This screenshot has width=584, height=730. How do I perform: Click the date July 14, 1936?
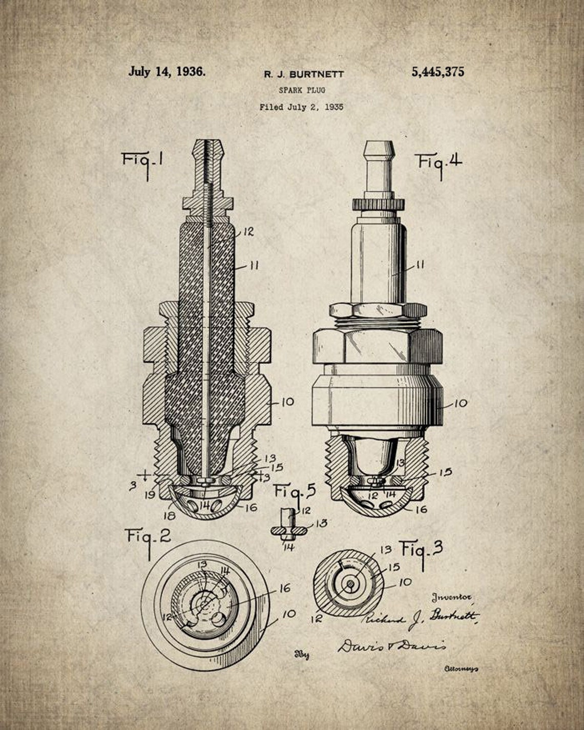(x=167, y=71)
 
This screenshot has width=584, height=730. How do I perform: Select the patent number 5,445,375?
(x=437, y=72)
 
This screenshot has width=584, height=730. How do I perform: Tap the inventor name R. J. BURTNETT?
(x=304, y=74)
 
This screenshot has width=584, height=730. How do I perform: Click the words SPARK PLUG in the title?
(x=302, y=90)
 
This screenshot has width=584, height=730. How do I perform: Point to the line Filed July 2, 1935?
(x=301, y=108)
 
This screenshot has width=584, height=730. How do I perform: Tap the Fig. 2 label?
(x=149, y=537)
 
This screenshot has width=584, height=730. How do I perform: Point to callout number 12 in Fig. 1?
(x=248, y=232)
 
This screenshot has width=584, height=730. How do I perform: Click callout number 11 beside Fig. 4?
(x=419, y=265)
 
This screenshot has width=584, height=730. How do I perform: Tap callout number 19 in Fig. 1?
(x=150, y=495)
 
